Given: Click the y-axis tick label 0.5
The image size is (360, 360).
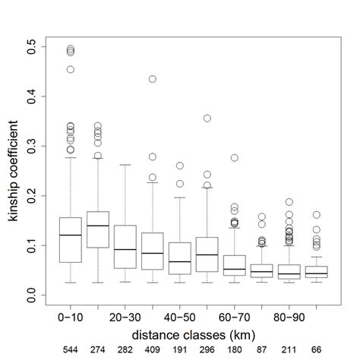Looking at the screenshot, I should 31,49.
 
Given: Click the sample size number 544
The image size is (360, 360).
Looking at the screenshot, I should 70,351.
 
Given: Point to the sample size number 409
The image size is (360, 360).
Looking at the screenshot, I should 153,351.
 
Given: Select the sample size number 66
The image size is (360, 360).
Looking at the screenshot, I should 317,351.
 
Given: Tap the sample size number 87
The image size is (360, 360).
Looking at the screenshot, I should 262,351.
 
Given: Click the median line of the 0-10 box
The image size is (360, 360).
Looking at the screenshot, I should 70,235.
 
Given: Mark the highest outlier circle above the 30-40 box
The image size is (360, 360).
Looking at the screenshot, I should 153,79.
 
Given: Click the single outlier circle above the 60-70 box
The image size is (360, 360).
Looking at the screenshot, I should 235,158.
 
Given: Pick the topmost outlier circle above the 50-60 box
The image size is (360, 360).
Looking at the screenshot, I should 207,118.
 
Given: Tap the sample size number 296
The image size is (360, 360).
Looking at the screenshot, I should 207,351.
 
